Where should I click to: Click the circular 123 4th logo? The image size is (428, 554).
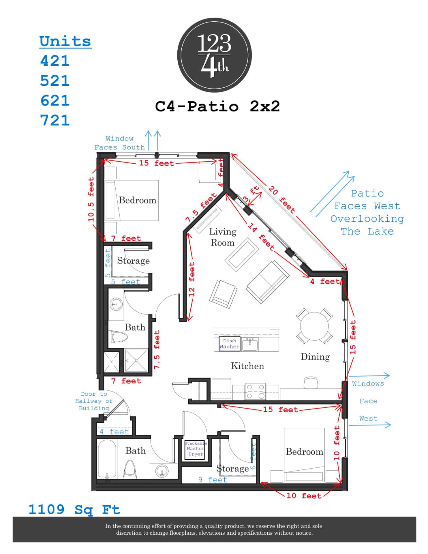pos(214,55)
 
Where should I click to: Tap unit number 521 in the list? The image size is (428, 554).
pos(55,81)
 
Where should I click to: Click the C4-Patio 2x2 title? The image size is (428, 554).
pos(217,106)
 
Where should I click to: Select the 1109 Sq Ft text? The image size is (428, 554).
pos(74,509)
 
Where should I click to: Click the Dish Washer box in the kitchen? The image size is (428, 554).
pos(229,344)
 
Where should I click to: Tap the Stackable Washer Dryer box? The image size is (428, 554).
pos(195,449)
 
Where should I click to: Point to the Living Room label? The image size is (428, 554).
pos(222,237)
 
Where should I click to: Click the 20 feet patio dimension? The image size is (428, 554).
pos(281,200)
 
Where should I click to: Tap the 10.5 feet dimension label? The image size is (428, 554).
pos(91,199)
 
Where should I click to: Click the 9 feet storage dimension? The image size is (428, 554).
pos(213,480)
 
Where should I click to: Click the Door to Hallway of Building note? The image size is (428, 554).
pos(94,401)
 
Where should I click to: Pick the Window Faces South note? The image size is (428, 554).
pos(119,143)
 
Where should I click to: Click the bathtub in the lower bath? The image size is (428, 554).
pos(107,459)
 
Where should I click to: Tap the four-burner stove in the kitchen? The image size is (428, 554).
pos(255,391)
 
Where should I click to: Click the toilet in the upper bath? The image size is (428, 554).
pos(119,337)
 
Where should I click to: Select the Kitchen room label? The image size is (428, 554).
pos(247,366)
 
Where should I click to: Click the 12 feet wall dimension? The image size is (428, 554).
pos(192,279)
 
